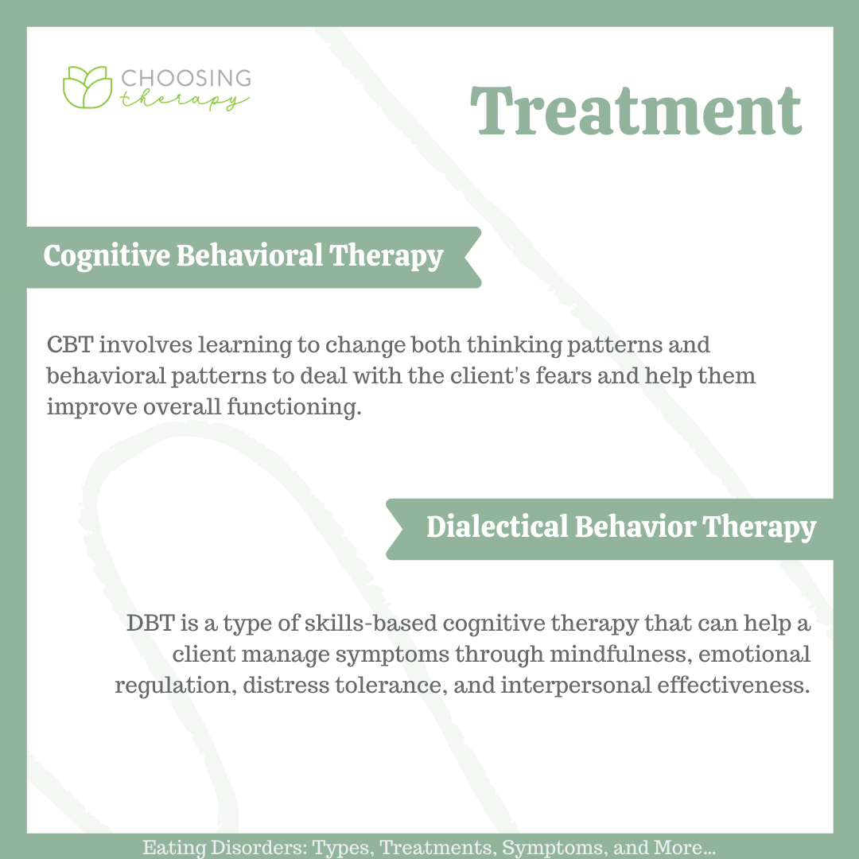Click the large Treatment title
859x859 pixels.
click(636, 111)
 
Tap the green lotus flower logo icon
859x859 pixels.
click(87, 87)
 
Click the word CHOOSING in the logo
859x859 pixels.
click(185, 78)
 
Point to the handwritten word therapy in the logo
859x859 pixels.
click(185, 100)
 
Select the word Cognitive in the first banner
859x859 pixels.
click(107, 256)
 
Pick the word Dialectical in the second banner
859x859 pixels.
click(497, 527)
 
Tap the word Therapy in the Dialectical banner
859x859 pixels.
click(760, 527)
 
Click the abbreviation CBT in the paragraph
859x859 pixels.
click(70, 345)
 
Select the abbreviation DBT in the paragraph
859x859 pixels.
click(150, 624)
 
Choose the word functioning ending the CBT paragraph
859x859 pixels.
click(294, 407)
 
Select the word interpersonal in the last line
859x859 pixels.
click(576, 686)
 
